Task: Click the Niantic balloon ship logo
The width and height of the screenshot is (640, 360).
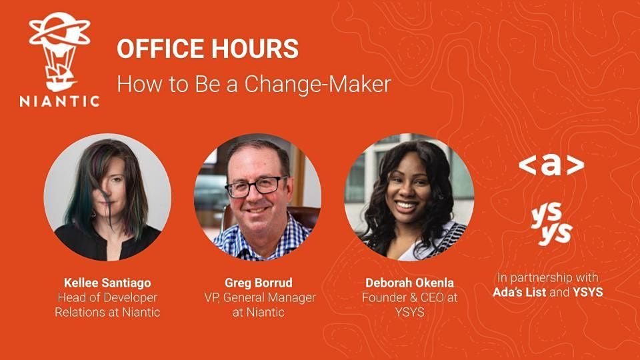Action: (x=60, y=51)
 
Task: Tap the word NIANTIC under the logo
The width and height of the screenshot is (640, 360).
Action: (x=59, y=101)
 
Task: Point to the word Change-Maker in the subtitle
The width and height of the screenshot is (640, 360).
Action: (x=317, y=84)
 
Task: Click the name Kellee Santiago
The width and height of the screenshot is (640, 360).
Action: (x=107, y=283)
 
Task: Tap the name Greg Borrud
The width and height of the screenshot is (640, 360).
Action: (x=259, y=283)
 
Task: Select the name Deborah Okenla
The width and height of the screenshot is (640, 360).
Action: (x=409, y=283)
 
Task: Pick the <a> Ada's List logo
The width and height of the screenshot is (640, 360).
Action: (x=551, y=165)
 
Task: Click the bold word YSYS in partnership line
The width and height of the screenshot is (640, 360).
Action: (x=588, y=292)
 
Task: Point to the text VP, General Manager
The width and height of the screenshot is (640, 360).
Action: (x=260, y=297)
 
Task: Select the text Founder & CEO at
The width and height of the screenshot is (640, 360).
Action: (x=409, y=297)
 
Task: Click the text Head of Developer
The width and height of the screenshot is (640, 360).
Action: (x=107, y=297)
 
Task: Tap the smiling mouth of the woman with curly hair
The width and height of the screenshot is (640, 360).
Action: (x=405, y=205)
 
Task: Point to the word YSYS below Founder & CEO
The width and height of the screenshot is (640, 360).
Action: (x=409, y=312)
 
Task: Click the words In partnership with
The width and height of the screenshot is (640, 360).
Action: (x=548, y=278)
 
